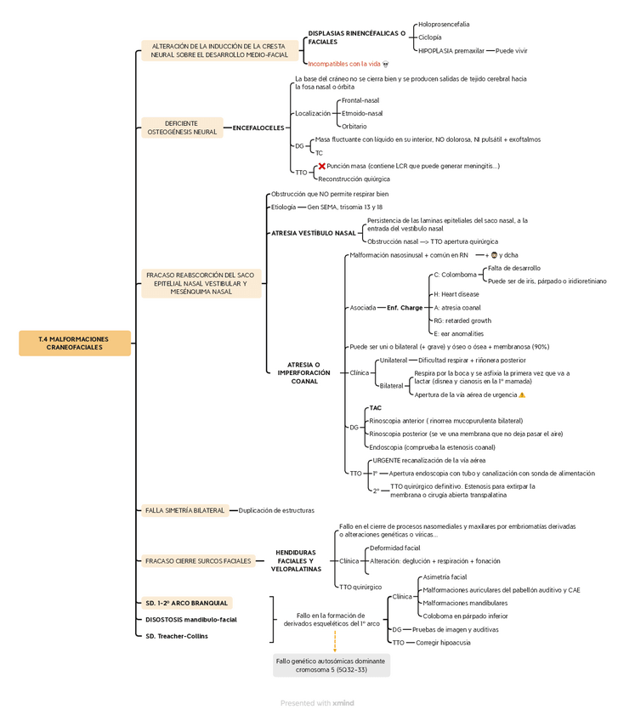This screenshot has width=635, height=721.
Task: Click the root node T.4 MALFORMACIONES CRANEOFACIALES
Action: point(75,343)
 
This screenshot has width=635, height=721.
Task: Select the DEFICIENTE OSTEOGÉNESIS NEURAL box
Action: point(182,128)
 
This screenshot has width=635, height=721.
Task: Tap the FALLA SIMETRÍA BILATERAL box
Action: point(185,510)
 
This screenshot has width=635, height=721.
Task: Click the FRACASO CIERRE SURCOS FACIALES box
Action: point(198,561)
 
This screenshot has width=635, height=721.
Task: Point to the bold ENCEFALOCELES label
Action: point(258,128)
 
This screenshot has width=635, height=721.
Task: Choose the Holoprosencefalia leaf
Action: point(443,25)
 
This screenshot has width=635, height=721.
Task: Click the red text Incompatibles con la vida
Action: point(343,64)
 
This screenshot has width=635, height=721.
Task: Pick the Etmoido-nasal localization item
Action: point(361,113)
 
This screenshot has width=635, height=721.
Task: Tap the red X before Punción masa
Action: point(321,167)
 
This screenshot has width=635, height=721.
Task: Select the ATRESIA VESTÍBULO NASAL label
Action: point(313,232)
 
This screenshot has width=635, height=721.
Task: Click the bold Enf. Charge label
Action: point(404,308)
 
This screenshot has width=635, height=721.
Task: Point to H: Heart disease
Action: point(456,294)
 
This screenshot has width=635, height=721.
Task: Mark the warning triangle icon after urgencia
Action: point(522,395)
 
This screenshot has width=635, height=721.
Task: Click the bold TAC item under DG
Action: point(375,408)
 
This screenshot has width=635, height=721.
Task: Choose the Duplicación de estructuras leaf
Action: point(276,510)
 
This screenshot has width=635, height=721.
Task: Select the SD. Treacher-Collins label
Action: point(176,636)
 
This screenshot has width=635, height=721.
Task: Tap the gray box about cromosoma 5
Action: point(332,665)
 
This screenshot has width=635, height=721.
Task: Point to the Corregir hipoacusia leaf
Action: point(443,643)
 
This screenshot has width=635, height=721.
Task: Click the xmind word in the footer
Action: point(343,703)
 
